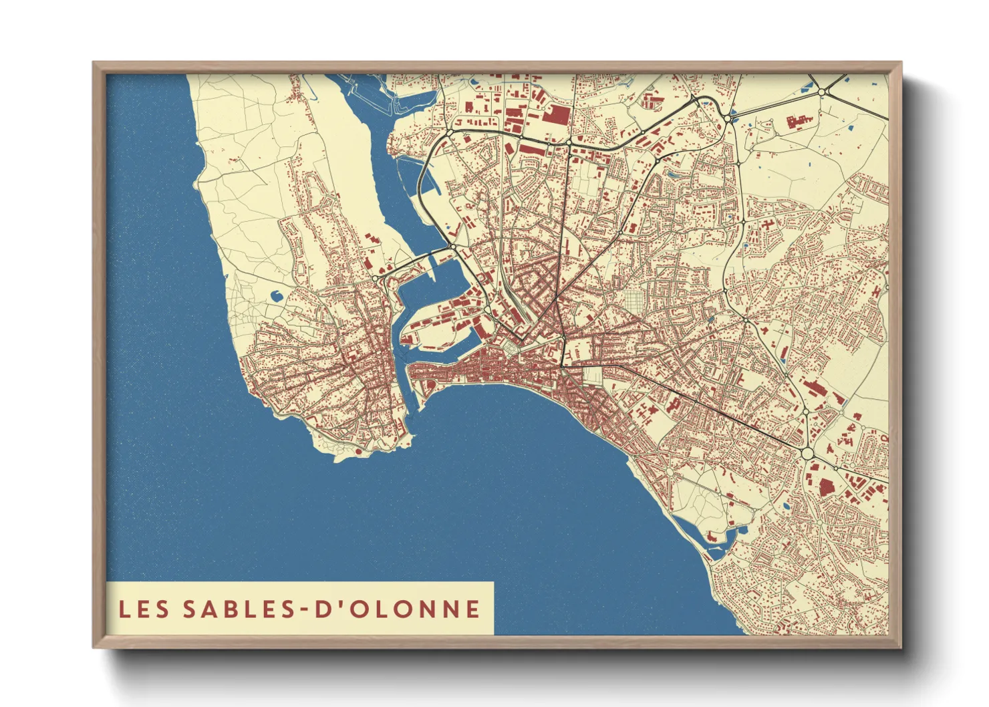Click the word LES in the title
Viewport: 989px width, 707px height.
tap(144, 609)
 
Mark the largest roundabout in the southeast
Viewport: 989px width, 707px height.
tap(808, 453)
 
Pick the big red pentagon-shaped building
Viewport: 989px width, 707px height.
tap(827, 486)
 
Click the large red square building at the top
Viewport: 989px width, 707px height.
tap(555, 114)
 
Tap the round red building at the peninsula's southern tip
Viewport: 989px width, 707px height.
tap(358, 451)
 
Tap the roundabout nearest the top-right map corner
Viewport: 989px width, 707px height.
tap(823, 92)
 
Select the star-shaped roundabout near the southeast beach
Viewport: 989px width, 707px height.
tap(670, 472)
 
